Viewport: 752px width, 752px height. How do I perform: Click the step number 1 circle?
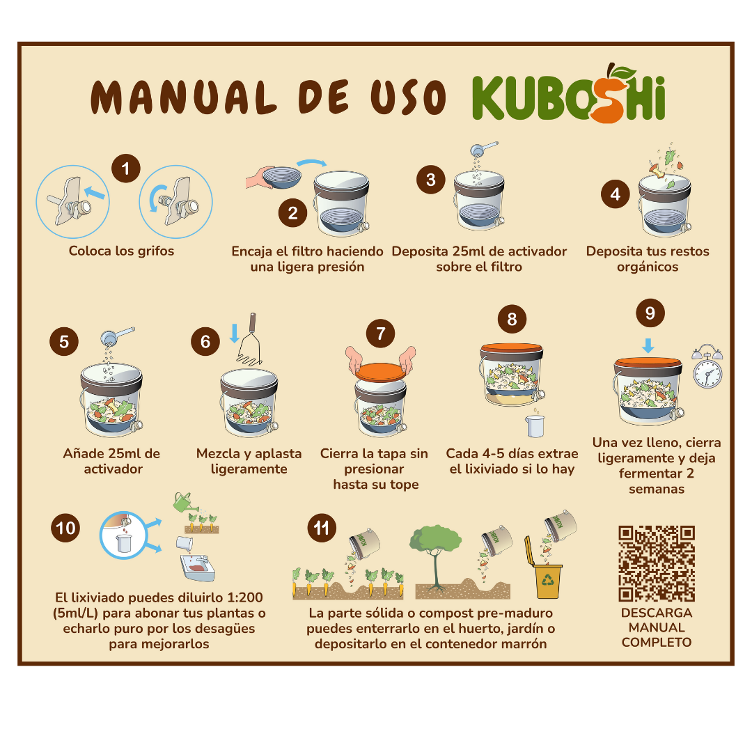tap(126, 169)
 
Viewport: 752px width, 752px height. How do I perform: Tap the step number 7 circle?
tap(380, 334)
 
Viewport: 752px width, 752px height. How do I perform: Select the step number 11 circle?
tap(321, 528)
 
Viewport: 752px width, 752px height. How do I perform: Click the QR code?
tap(657, 563)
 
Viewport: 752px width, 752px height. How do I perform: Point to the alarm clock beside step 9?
tap(707, 367)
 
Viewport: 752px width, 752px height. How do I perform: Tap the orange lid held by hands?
tap(381, 371)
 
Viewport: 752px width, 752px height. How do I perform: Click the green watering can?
tap(183, 501)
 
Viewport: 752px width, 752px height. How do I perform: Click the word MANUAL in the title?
tap(182, 97)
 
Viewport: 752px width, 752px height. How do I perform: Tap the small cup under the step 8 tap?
tap(535, 424)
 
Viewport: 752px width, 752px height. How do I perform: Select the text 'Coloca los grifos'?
tap(121, 251)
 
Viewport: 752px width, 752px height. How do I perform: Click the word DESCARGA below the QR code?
tap(657, 613)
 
